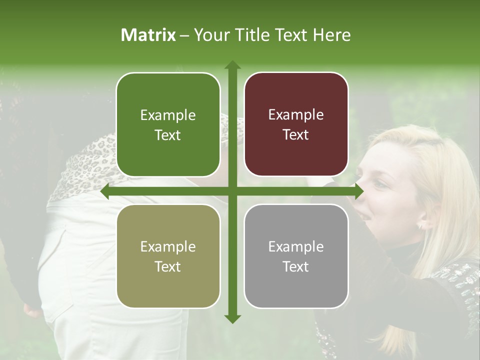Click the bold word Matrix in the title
click(x=148, y=35)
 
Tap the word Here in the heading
click(x=331, y=35)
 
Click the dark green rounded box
click(x=168, y=124)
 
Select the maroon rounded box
click(x=296, y=124)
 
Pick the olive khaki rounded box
click(x=168, y=256)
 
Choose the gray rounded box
click(x=296, y=256)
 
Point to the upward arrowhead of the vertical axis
click(x=232, y=65)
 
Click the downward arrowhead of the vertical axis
click(x=232, y=318)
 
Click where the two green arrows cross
click(x=232, y=191)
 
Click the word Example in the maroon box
click(x=296, y=115)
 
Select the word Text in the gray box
click(x=296, y=266)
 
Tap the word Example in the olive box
click(x=168, y=246)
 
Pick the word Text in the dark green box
click(x=168, y=135)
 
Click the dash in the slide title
click(x=184, y=35)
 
